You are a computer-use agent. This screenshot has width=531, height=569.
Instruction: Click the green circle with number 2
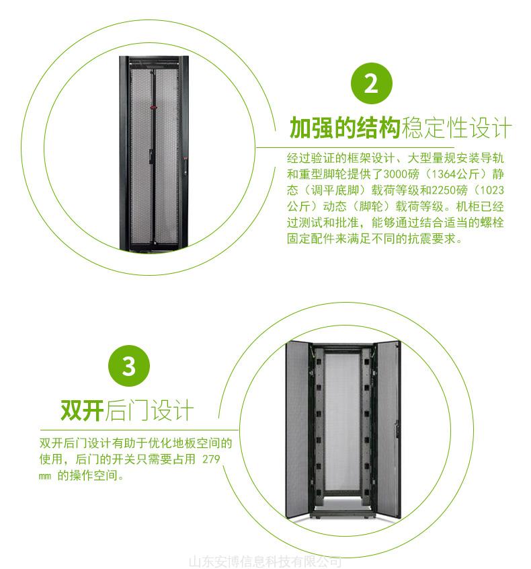[372, 83]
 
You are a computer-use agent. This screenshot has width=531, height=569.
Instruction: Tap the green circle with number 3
[129, 366]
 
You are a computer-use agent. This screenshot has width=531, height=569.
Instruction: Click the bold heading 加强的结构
[345, 128]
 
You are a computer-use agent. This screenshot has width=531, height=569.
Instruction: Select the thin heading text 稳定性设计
[456, 128]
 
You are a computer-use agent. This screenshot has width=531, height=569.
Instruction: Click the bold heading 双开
[82, 410]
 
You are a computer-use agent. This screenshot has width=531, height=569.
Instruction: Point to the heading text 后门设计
[149, 410]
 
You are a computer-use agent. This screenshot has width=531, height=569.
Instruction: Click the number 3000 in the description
[396, 174]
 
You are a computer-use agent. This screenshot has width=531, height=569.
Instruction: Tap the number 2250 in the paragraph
[444, 190]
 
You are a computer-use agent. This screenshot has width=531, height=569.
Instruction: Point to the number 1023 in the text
[492, 190]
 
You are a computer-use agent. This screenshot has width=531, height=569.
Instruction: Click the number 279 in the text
[211, 459]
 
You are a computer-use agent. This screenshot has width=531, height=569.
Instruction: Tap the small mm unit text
[44, 476]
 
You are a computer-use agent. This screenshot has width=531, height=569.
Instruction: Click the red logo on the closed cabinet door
[154, 107]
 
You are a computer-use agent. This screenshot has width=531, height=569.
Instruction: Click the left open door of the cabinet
[297, 428]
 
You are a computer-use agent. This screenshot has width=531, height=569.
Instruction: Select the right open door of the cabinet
[389, 428]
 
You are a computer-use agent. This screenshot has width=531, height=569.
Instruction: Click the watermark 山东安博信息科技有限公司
[265, 562]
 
